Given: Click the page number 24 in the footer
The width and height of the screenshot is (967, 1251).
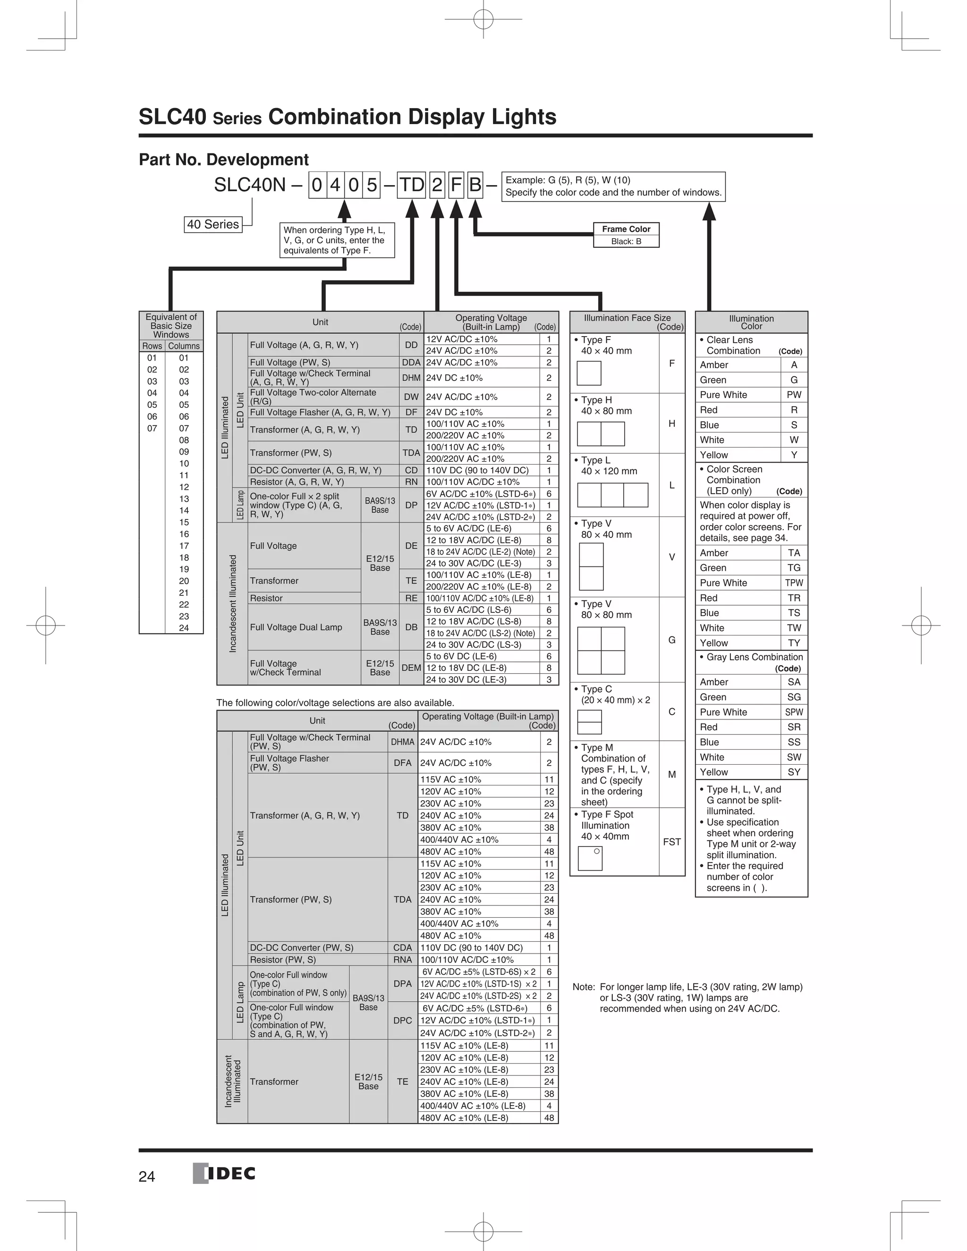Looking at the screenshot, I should coord(147,1176).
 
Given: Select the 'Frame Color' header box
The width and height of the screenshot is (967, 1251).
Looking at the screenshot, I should coord(626,229).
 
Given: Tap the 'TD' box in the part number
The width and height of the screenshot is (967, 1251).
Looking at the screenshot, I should coord(411,185).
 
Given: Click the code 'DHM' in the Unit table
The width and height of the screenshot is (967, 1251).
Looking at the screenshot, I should coord(411,378).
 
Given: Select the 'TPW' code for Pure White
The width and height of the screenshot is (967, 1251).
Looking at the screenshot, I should coord(793,583).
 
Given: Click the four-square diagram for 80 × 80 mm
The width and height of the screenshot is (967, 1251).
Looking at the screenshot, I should coord(601,650).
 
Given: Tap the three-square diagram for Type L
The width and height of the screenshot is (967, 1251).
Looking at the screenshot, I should coord(612,495).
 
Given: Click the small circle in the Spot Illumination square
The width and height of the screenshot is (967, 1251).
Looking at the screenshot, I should coord(596,851).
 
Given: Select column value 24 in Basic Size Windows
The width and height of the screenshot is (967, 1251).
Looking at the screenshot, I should coord(184,628).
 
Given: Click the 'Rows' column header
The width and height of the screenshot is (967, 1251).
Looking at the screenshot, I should coord(152,346).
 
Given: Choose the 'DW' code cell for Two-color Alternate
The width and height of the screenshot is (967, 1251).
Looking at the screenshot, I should coord(411,397).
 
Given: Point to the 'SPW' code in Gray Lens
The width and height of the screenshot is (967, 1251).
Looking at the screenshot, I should coord(793,712).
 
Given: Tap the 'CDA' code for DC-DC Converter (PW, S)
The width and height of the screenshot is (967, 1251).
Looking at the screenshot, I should coord(402,948).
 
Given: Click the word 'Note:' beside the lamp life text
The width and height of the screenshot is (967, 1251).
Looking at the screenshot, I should coord(583,987).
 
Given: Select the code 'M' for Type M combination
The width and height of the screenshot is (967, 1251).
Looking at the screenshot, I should coord(671,774).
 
